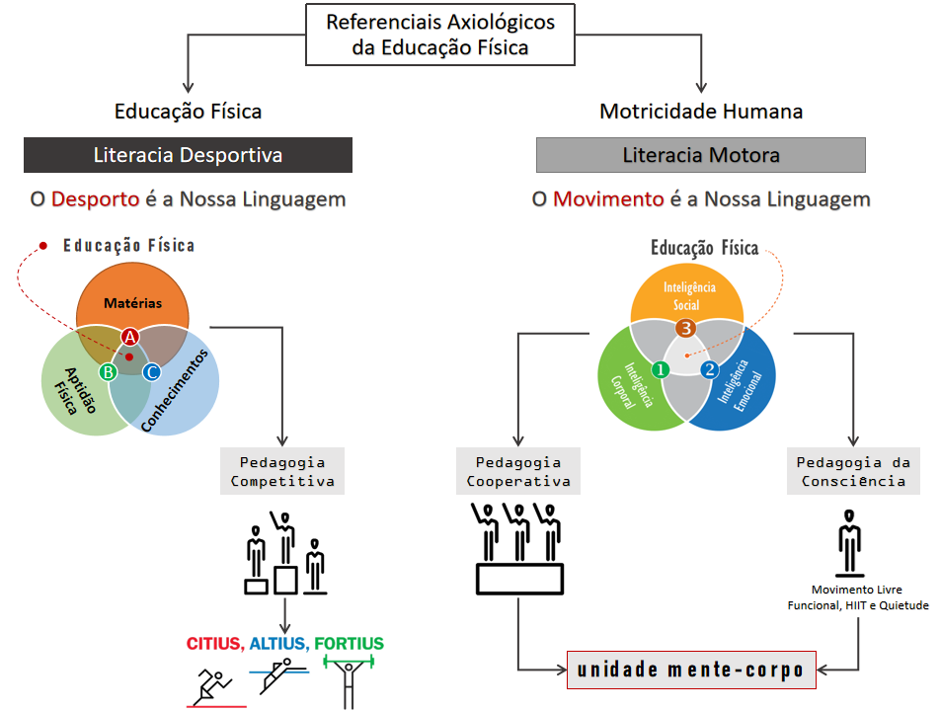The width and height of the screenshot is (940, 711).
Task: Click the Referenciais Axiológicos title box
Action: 439,35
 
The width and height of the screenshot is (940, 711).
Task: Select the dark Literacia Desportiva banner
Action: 188,155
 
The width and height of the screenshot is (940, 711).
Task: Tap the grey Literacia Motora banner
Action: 700,155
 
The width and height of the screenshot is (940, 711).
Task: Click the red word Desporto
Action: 95,198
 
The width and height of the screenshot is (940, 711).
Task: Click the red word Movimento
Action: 607,198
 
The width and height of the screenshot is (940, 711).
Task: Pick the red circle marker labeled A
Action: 129,337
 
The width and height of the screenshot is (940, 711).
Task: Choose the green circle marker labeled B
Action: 109,371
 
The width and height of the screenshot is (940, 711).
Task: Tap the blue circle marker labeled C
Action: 151,371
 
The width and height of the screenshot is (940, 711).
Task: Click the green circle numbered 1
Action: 661,368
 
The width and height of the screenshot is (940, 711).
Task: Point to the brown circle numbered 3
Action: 685,328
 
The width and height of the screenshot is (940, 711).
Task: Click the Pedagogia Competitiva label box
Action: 283,472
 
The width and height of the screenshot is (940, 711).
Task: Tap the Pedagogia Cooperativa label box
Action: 518,472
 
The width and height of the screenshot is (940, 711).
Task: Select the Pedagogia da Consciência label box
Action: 852,472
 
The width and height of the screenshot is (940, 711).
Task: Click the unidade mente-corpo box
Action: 691,670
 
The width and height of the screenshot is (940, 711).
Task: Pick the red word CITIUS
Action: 214,644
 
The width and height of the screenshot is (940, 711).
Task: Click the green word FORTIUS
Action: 349,644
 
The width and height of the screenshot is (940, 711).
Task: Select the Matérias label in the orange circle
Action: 132,303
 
